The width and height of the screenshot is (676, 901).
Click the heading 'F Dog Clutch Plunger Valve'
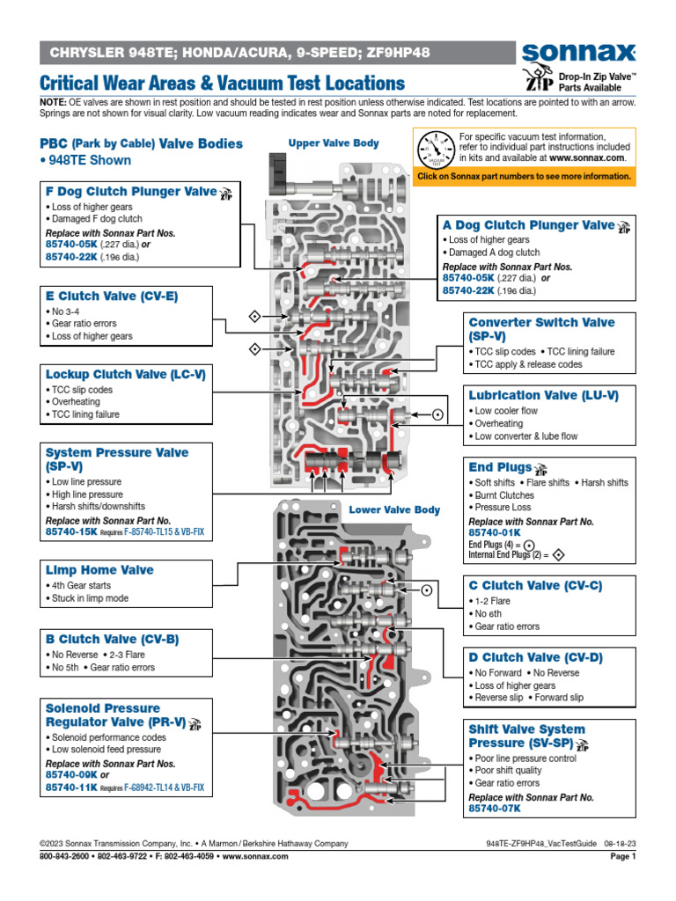130,191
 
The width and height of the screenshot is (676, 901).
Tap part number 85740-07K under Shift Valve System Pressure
494,808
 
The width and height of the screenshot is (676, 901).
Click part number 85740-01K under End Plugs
494,532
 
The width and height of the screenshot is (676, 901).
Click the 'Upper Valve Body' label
334,143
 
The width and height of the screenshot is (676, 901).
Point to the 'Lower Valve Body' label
394,509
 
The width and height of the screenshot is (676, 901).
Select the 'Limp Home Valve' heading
99,570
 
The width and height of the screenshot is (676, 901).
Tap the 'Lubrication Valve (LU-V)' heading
540,396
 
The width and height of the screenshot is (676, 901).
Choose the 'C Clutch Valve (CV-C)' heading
535,585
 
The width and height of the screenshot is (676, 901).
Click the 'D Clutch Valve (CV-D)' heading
535,657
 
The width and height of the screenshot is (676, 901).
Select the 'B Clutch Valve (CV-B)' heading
112,639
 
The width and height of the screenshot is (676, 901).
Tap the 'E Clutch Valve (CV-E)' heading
111,297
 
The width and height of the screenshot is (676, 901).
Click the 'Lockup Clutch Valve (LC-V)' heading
125,374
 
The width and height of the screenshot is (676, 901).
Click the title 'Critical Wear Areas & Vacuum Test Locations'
223,84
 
